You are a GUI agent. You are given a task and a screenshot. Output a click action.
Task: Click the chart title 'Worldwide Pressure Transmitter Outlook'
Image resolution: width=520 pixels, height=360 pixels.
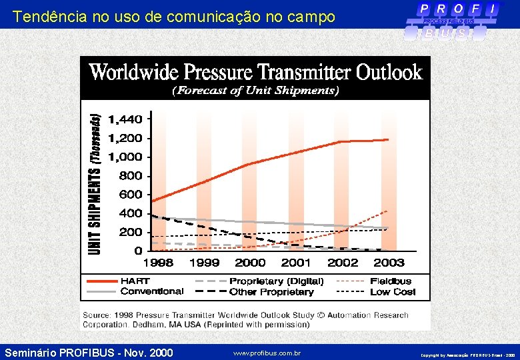[x=255, y=71]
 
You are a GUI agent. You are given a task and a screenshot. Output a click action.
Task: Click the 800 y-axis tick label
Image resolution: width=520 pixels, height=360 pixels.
[x=130, y=176]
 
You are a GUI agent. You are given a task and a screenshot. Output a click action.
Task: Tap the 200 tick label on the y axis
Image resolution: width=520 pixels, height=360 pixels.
[x=130, y=232]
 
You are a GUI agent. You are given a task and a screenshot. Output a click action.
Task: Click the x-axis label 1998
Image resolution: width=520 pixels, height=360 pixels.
[x=158, y=263]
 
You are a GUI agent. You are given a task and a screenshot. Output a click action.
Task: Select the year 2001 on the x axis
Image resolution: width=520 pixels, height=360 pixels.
[x=295, y=263]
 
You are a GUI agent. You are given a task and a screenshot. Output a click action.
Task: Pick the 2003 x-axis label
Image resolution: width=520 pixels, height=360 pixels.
[x=388, y=263]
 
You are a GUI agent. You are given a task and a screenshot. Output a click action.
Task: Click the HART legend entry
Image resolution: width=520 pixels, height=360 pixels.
[x=135, y=281]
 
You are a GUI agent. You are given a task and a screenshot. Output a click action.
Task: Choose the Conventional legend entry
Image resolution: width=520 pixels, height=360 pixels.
[x=152, y=291]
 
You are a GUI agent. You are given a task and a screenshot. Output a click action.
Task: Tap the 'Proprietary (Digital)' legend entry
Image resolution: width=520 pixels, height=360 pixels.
[x=276, y=281]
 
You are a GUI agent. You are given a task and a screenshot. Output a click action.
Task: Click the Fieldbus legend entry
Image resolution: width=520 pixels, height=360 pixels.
[x=391, y=281]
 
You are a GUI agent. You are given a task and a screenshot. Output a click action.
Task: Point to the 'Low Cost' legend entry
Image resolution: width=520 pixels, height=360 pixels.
[x=392, y=291]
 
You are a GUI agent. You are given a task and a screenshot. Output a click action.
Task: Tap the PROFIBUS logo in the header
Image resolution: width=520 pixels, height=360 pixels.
[x=456, y=21]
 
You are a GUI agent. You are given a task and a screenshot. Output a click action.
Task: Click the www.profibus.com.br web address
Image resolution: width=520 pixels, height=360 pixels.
[x=267, y=353]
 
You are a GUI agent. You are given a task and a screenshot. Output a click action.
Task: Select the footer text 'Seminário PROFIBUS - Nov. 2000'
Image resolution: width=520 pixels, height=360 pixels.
[x=89, y=352]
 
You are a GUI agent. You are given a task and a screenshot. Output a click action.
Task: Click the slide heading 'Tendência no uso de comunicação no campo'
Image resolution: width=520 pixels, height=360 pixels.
[x=173, y=17]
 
